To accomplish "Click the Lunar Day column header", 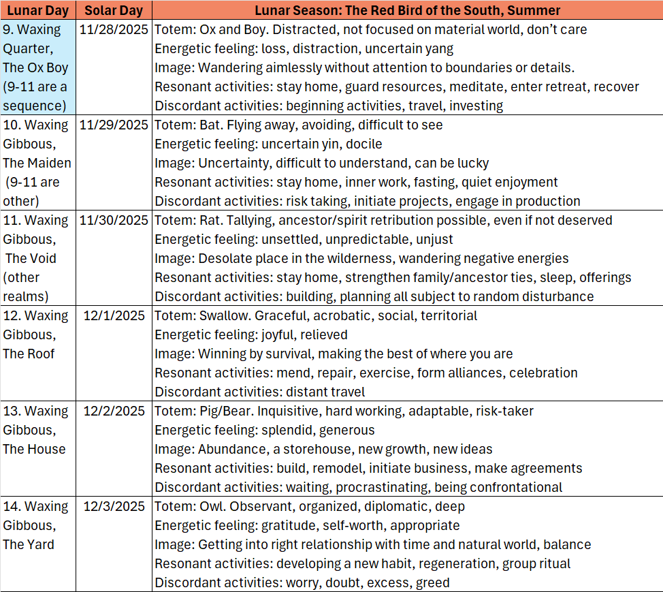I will point(37,10).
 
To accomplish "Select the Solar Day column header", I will point(114,10).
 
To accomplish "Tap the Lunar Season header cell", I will point(407,10).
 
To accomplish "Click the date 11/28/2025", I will point(114,29).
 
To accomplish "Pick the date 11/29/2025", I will point(114,125).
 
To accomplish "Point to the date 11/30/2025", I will point(114,220).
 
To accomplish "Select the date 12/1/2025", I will point(114,315).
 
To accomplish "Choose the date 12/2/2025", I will point(114,411).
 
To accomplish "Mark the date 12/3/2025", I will point(114,506).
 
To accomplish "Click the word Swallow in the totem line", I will point(223,315).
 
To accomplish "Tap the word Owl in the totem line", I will point(212,506).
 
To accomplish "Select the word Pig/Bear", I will point(225,411).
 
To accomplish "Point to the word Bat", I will point(210,125).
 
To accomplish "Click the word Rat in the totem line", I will point(210,220).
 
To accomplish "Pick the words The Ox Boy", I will point(35,67).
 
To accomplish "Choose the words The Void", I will point(31,258).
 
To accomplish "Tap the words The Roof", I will point(29,354).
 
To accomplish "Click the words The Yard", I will point(29,544).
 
